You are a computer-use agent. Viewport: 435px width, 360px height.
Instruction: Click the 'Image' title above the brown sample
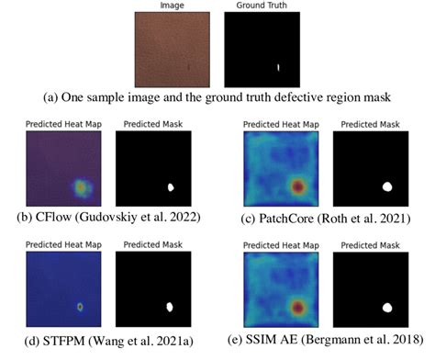(x=172, y=6)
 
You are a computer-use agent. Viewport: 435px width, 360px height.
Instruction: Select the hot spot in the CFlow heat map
(x=82, y=187)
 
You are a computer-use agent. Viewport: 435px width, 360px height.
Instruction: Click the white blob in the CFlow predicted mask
(x=170, y=187)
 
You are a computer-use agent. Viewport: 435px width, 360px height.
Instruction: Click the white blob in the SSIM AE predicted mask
(x=386, y=308)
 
